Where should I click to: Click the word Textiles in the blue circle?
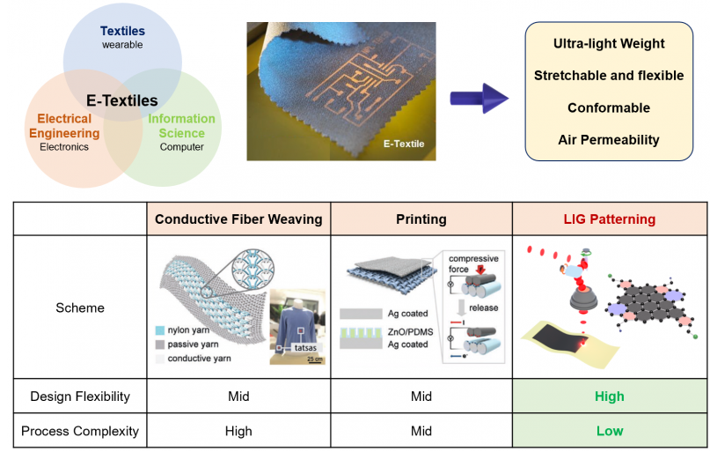click(122, 30)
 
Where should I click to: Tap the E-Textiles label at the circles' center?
click(122, 100)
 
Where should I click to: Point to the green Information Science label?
click(182, 126)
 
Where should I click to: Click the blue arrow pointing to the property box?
click(479, 97)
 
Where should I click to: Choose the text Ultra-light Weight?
click(609, 43)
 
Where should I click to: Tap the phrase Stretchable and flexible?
click(609, 76)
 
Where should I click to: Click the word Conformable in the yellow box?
click(609, 107)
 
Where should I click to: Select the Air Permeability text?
click(609, 139)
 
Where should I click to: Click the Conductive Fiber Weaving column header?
click(238, 219)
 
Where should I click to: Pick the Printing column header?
click(421, 219)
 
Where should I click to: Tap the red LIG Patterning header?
click(609, 219)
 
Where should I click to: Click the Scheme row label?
click(80, 308)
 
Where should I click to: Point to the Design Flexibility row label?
click(80, 396)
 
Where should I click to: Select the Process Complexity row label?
click(80, 431)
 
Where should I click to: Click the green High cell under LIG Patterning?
click(609, 396)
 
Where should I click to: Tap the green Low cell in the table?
click(609, 431)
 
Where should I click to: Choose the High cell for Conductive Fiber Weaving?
click(238, 431)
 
